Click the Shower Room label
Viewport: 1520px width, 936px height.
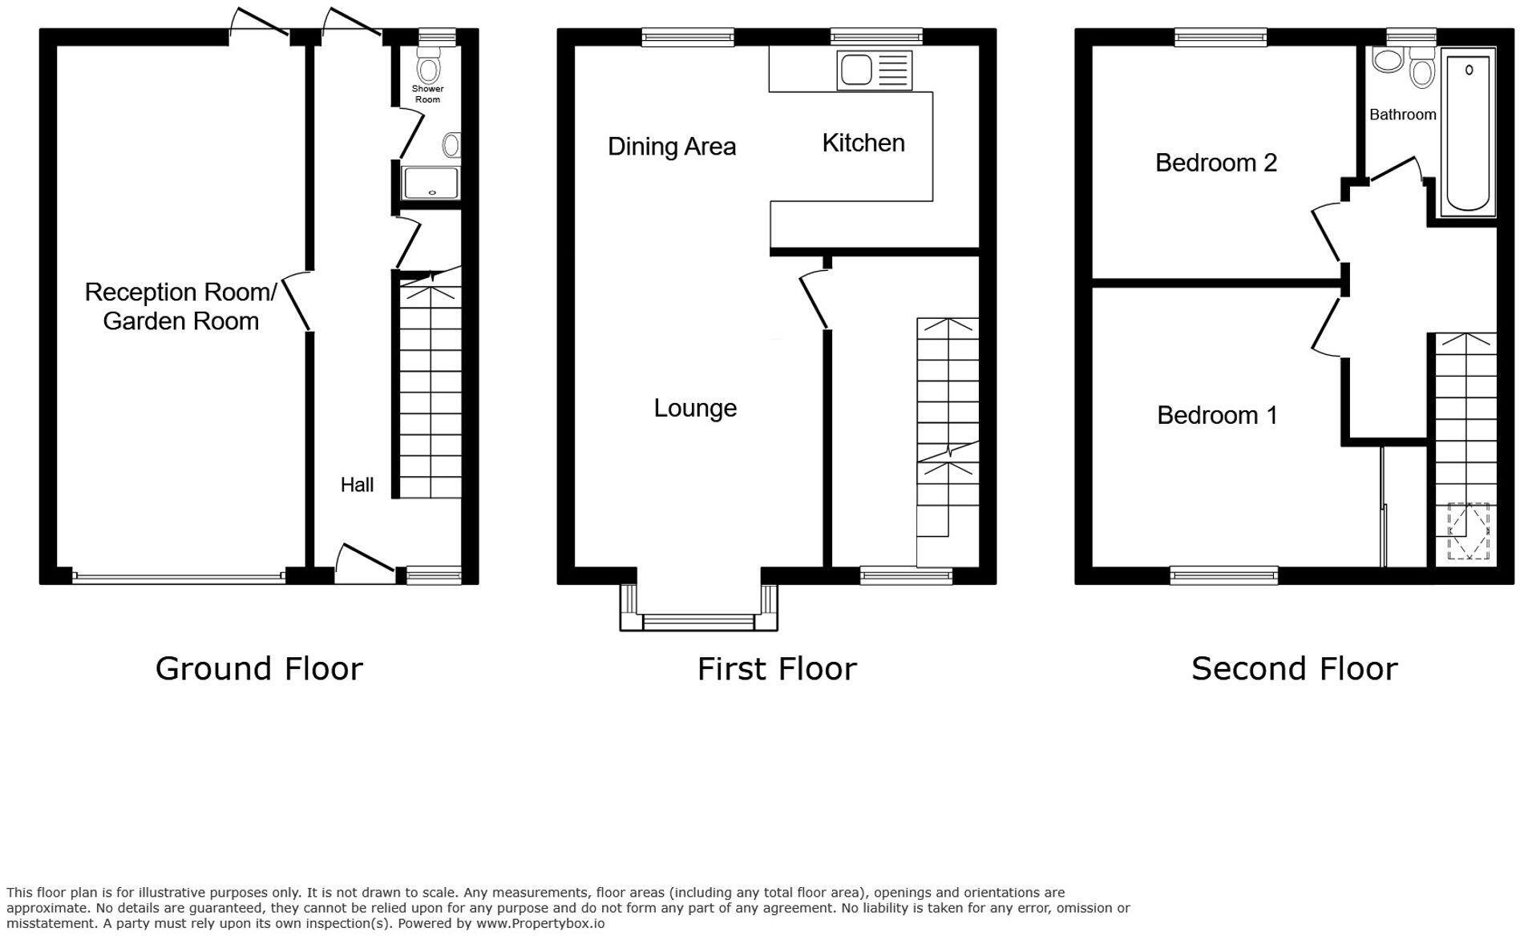point(427,94)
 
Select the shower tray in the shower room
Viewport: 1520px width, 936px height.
point(431,183)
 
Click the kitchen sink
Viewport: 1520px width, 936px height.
point(875,70)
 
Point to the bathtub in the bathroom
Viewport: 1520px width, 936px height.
point(1468,132)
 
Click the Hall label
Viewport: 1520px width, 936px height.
point(357,485)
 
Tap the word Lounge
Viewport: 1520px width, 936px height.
point(695,409)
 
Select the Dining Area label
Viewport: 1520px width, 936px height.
point(672,147)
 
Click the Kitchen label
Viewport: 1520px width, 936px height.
point(863,143)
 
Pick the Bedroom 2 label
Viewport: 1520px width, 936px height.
point(1215,163)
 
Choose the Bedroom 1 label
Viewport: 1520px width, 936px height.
point(1217,415)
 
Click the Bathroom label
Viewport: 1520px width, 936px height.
point(1402,115)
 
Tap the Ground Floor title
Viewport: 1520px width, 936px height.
point(259,668)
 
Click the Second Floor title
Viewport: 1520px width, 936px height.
point(1294,668)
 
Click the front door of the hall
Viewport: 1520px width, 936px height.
point(365,561)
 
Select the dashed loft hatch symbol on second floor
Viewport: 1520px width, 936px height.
point(1468,531)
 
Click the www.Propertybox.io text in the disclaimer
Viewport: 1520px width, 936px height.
point(540,923)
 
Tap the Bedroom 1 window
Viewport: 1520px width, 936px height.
point(1223,575)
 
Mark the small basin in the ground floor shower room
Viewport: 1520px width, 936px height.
point(452,145)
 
